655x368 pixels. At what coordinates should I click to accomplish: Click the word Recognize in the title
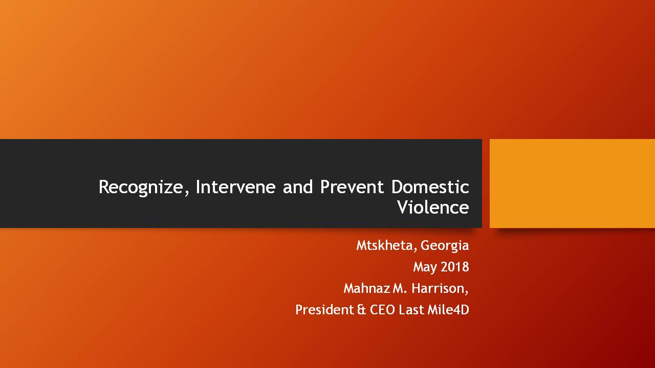click(141, 188)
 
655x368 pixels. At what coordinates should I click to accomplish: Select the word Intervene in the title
click(236, 187)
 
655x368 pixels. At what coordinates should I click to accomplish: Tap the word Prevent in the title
click(352, 187)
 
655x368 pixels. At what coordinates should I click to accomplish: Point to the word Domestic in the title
click(430, 187)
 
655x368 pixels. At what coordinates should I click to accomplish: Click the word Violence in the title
click(433, 207)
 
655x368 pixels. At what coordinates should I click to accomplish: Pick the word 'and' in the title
click(298, 187)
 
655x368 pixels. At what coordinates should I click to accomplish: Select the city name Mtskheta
click(384, 245)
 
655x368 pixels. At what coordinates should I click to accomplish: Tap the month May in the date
click(425, 267)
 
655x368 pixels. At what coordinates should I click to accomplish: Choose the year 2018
click(455, 267)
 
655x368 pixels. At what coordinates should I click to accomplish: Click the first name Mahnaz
click(367, 288)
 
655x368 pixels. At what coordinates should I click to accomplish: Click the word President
click(324, 310)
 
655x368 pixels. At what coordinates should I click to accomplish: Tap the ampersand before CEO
click(361, 310)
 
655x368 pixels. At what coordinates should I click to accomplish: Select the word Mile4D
click(448, 310)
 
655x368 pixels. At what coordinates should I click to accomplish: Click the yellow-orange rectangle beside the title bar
click(572, 183)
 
